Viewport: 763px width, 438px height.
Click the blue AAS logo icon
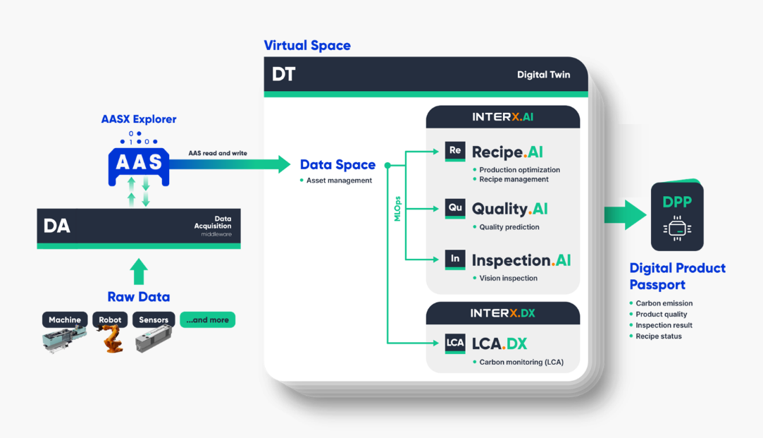pyautogui.click(x=138, y=164)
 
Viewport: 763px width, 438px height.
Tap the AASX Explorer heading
pyautogui.click(x=139, y=119)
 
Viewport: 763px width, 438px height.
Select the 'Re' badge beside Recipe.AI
pyautogui.click(x=455, y=151)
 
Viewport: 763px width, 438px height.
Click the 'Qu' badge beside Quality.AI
pyautogui.click(x=455, y=208)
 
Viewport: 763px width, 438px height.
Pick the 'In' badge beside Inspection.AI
pyautogui.click(x=455, y=259)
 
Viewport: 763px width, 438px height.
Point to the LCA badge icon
pyautogui.click(x=455, y=343)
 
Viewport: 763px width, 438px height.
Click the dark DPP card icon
pyautogui.click(x=677, y=217)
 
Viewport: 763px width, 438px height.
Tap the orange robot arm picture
pyautogui.click(x=111, y=340)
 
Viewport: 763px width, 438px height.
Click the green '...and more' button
pyautogui.click(x=207, y=320)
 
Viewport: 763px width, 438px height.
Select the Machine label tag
pyautogui.click(x=65, y=320)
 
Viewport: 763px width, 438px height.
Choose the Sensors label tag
pyautogui.click(x=154, y=320)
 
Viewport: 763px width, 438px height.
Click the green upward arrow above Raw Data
pyautogui.click(x=139, y=271)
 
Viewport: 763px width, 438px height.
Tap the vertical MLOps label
pyautogui.click(x=397, y=209)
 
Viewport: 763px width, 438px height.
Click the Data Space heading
pyautogui.click(x=337, y=165)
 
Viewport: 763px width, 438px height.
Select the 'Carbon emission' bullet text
pyautogui.click(x=664, y=303)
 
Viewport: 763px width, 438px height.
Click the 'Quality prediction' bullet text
pyautogui.click(x=509, y=227)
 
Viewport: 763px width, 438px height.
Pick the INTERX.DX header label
pyautogui.click(x=503, y=312)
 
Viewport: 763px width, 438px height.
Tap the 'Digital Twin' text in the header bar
pyautogui.click(x=543, y=74)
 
